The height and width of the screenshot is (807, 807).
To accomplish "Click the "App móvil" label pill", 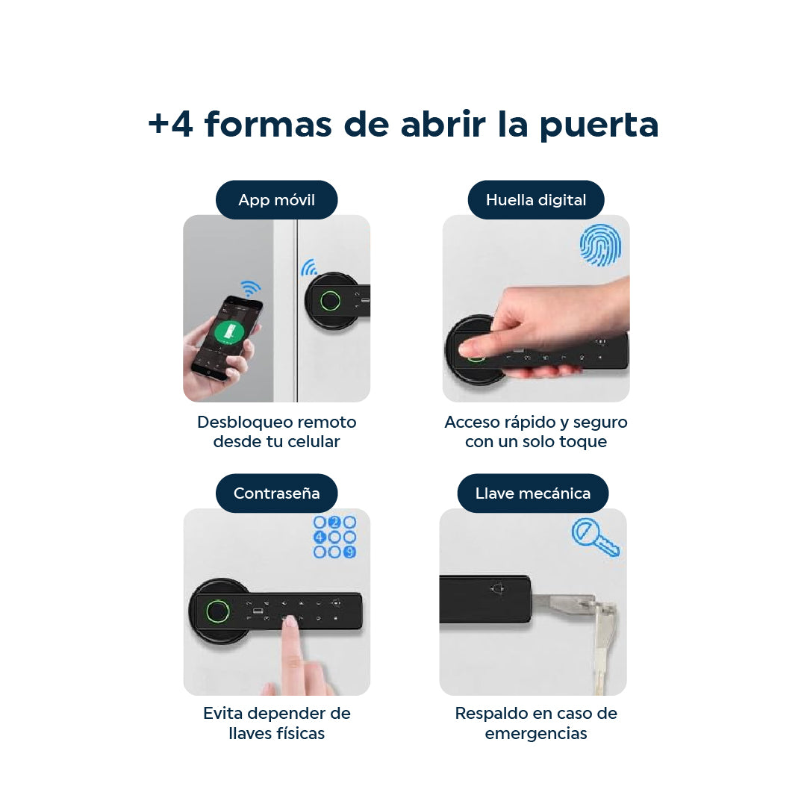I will pyautogui.click(x=276, y=200).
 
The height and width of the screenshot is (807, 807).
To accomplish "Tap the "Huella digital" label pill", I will pyautogui.click(x=535, y=200).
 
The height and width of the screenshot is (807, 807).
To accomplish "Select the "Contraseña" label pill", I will pyautogui.click(x=276, y=493).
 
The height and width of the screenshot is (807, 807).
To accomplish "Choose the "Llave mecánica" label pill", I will pyautogui.click(x=532, y=493).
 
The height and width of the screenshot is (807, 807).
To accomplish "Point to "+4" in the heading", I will pyautogui.click(x=170, y=124).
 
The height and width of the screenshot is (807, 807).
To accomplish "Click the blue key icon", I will pyautogui.click(x=595, y=538).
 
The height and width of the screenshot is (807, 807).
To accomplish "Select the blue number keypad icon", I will pyautogui.click(x=334, y=537).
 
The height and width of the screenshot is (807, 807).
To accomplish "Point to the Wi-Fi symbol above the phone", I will pyautogui.click(x=250, y=288).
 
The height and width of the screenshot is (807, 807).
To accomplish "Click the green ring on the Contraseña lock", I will pyautogui.click(x=216, y=614).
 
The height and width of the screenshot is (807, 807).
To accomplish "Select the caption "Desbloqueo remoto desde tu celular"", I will pyautogui.click(x=276, y=431).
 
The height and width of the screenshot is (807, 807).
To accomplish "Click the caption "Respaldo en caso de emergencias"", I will pyautogui.click(x=535, y=723).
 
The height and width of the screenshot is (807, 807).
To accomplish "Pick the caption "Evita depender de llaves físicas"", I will pyautogui.click(x=276, y=723).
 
